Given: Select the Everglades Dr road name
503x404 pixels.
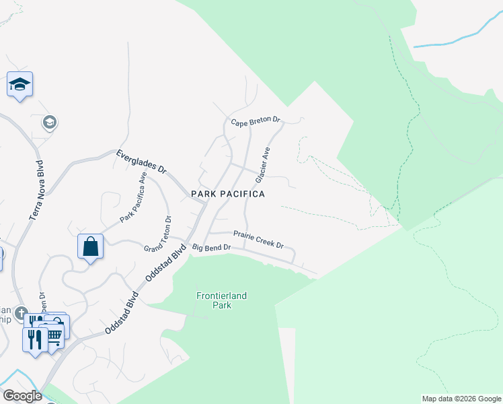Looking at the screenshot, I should coord(141,162).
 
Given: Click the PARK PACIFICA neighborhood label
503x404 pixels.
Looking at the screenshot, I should coord(228,194).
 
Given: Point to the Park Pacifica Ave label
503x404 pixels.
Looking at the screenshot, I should coord(133,198).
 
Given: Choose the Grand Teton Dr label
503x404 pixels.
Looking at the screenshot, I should coord(159,234).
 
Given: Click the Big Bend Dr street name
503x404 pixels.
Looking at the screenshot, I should coord(212,248).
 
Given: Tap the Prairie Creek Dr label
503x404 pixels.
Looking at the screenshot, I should coord(258,239).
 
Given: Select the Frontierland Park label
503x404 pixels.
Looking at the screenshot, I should coord(214,300).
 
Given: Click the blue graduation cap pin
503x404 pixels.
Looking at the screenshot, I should coord(20,85).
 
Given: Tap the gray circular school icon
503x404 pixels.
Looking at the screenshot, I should coord(49,122).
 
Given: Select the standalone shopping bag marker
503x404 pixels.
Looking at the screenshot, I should coord(91,247).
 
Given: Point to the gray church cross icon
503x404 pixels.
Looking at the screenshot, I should coord(21,313).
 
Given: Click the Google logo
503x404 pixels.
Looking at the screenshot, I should coord(22,396).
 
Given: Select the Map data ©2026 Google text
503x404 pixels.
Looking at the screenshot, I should coord(461,399).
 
